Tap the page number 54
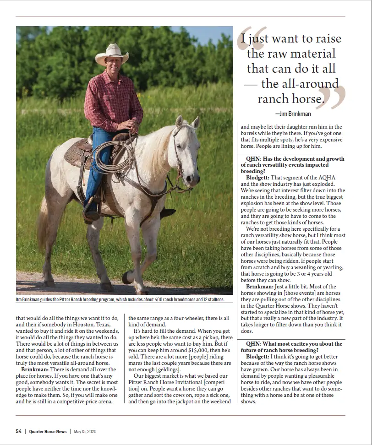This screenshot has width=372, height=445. click(x=19, y=431)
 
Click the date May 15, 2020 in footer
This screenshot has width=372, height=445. click(x=85, y=431)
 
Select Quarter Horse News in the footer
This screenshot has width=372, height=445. click(x=48, y=431)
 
